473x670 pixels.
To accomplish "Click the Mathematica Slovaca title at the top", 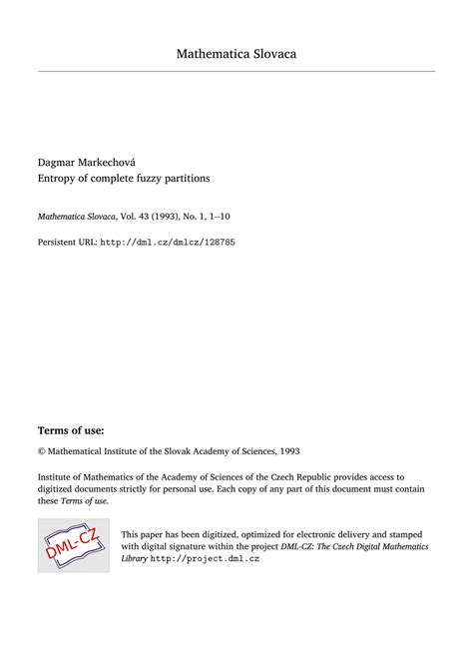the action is (x=236, y=53).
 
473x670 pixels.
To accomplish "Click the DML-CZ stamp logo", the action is (x=73, y=545).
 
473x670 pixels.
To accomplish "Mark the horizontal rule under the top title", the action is (x=236, y=71).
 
